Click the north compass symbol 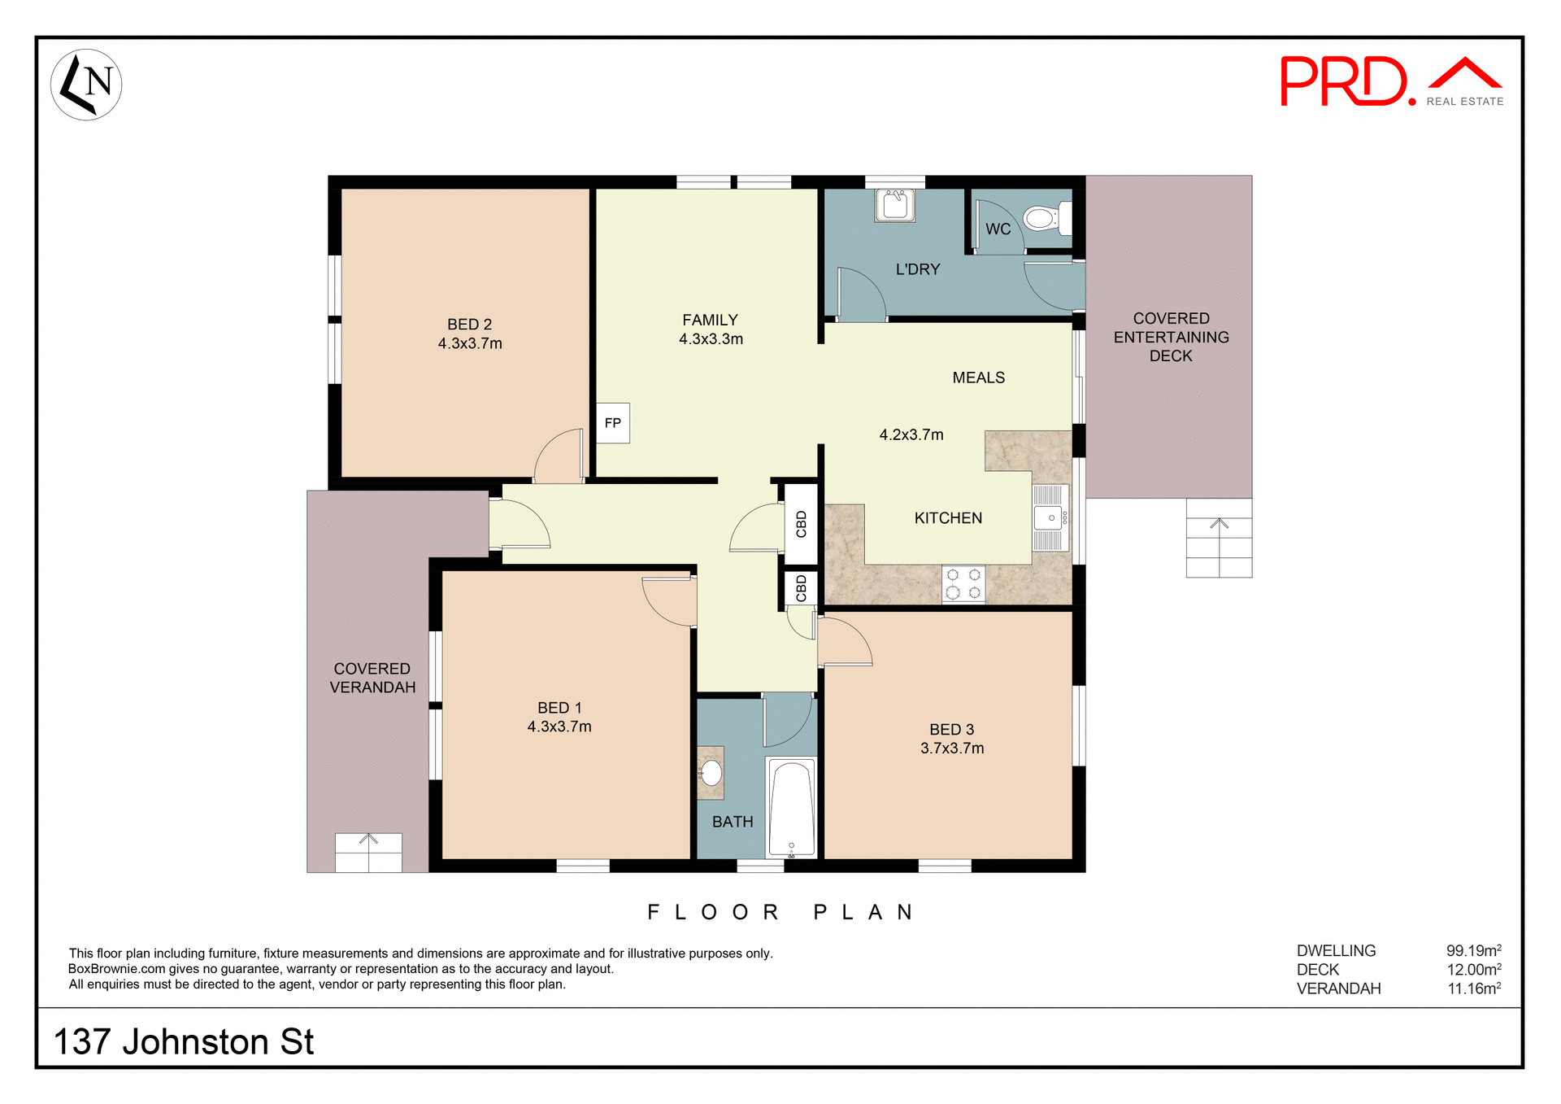click(86, 85)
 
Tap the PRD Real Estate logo click(1391, 81)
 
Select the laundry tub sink click(895, 205)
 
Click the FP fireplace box click(613, 423)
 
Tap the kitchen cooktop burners click(963, 584)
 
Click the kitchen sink click(1049, 518)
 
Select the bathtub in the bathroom click(791, 808)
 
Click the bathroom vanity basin click(711, 772)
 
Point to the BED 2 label click(470, 325)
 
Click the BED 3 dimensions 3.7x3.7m click(952, 748)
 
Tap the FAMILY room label click(710, 321)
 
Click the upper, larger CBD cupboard click(801, 524)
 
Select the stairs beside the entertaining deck click(1219, 539)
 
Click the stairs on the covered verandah click(368, 853)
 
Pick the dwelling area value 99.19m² click(1473, 950)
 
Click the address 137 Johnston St click(184, 1042)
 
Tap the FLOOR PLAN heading click(780, 912)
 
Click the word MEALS click(978, 377)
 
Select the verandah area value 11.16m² click(1473, 988)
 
